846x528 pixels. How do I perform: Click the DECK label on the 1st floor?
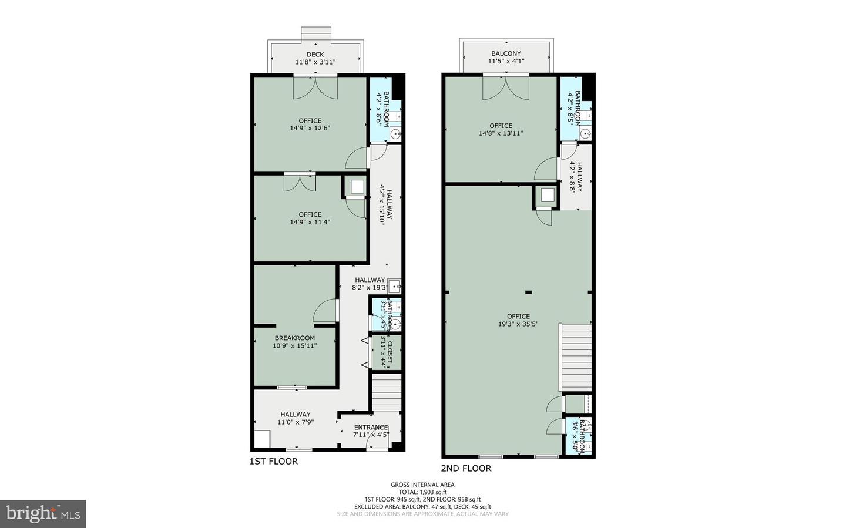tap(315, 54)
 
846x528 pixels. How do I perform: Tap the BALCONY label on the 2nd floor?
tap(506, 53)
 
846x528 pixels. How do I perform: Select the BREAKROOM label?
tap(294, 338)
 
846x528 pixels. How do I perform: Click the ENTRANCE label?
tap(371, 428)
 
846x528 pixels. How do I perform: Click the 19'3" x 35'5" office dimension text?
tap(518, 324)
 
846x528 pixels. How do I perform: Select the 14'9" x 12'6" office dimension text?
tap(310, 128)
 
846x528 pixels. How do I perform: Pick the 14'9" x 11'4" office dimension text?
tap(310, 222)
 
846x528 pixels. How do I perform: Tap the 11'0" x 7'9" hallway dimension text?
tap(295, 422)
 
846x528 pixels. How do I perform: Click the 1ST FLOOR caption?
tap(274, 462)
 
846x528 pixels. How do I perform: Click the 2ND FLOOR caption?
tap(466, 469)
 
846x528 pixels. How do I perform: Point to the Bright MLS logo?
tap(43, 514)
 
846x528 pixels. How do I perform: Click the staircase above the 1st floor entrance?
tap(386, 394)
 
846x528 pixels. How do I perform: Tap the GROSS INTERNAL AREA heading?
tap(422, 485)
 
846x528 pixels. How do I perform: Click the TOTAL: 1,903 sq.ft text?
tap(422, 492)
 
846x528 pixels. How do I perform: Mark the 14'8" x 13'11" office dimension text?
tap(501, 133)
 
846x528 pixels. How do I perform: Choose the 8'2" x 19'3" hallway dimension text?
tap(370, 288)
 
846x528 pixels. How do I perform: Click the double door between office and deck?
tap(315, 88)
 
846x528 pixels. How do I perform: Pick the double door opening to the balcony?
tap(506, 88)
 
